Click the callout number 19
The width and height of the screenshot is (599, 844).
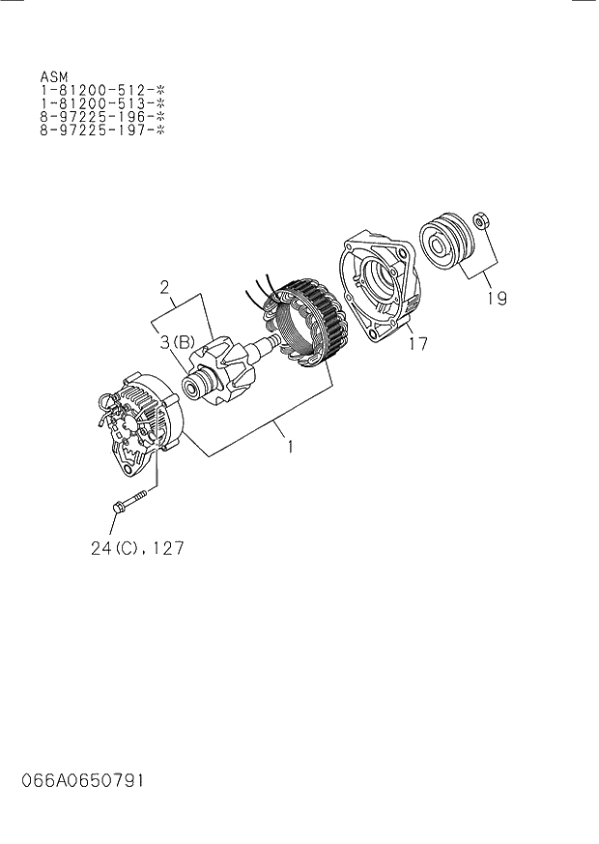[x=496, y=299]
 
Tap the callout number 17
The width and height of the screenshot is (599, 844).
[x=416, y=342]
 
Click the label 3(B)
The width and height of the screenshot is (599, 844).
[x=178, y=339]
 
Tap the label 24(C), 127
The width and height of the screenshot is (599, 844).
[x=137, y=548]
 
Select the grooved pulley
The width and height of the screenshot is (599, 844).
[x=445, y=245]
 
